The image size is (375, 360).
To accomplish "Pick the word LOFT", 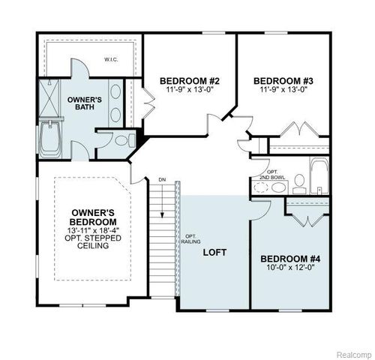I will [x=214, y=253].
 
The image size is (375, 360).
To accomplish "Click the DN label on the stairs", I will [x=161, y=179].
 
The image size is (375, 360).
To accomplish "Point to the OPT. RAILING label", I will [x=189, y=240].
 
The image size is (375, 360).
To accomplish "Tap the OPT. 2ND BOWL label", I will [x=274, y=175].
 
